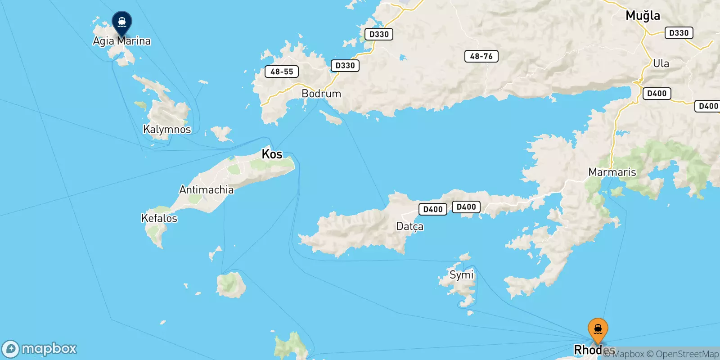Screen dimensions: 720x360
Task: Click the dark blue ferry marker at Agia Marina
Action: coord(121,22)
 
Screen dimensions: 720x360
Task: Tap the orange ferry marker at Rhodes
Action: coord(598,330)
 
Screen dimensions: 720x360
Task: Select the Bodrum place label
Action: coord(321,94)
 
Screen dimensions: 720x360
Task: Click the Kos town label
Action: coord(272,154)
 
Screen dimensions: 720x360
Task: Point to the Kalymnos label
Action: coord(167,130)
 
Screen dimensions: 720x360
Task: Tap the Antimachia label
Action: coord(207,190)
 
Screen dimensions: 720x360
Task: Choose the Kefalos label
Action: coord(159,218)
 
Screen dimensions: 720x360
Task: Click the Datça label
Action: coord(409,226)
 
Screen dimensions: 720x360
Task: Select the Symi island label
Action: coord(461,274)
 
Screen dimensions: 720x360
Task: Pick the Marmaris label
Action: coord(612,172)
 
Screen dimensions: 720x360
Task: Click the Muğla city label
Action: coord(643,16)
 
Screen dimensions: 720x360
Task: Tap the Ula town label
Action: coord(661,63)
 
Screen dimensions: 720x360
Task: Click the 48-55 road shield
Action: coord(282,72)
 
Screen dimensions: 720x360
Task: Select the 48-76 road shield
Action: coord(481,56)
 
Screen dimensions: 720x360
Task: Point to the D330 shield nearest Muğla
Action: coord(679,33)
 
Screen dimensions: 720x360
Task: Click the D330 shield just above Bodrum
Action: coord(345,66)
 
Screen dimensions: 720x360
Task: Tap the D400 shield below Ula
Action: coord(657,94)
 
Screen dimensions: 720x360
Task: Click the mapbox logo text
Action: coord(49,348)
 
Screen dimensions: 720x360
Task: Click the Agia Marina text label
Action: coord(121,41)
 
